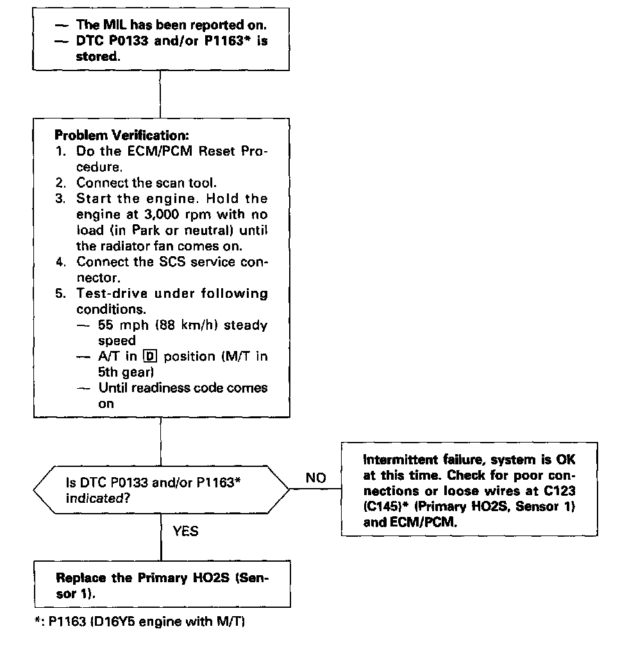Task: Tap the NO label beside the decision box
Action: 315,478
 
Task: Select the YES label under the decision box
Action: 185,532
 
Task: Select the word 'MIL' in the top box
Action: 101,25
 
